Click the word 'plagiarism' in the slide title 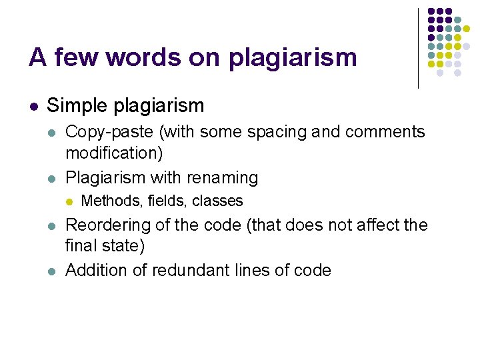pos(293,58)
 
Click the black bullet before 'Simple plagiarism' pos(33,106)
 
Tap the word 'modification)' pos(114,153)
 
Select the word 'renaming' pos(225,177)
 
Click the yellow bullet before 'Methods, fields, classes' pos(69,201)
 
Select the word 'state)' pos(122,246)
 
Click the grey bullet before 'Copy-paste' pos(52,133)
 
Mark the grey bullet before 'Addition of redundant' pos(52,271)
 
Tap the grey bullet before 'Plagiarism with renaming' pos(52,178)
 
